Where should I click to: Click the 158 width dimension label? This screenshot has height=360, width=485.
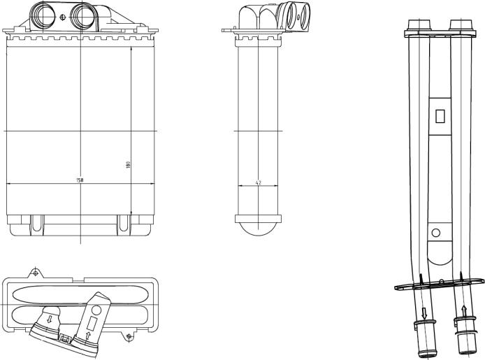(80, 180)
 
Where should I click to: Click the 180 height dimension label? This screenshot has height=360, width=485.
(128, 164)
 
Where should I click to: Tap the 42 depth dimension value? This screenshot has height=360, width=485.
(259, 182)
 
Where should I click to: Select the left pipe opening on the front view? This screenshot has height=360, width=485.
(43, 16)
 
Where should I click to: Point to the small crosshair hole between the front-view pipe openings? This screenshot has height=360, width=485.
(63, 17)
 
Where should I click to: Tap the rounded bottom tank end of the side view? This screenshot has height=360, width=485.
(259, 229)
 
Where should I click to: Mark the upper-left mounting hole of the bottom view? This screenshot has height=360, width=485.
(36, 273)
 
